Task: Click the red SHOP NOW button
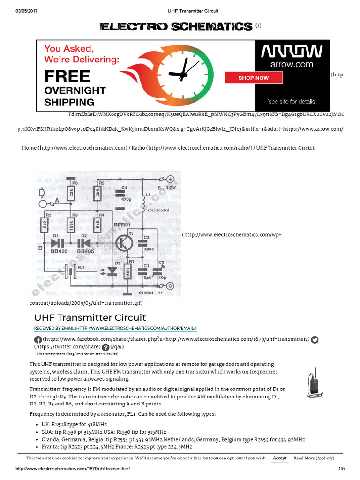pos(253,78)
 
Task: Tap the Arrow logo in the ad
pos(292,52)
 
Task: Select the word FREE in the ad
pos(67,76)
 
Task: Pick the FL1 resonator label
pos(81,267)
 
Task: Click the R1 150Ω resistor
pos(127,272)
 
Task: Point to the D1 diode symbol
pos(59,243)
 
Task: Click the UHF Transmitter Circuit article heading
pos(90,317)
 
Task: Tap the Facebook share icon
pos(37,340)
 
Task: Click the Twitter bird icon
pos(315,340)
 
